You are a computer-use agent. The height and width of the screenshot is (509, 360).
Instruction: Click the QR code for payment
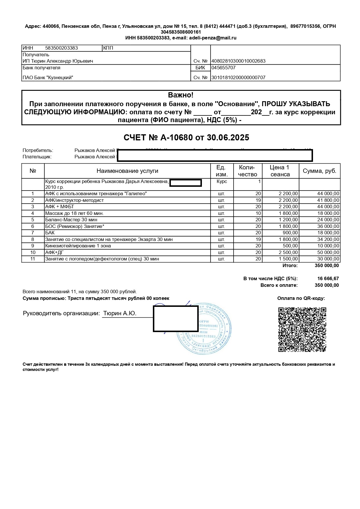pos(302,330)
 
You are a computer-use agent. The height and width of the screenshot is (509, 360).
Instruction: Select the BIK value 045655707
pos(223,68)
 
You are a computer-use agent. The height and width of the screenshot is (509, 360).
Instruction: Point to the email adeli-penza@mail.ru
pos(213,38)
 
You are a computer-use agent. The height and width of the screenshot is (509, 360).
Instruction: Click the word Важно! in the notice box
pos(181,95)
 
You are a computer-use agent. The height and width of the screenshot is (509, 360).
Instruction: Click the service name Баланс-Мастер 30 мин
pos(71,220)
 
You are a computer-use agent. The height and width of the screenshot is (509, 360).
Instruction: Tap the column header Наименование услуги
pos(127,171)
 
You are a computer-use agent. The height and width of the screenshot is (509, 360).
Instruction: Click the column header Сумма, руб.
pos(319,171)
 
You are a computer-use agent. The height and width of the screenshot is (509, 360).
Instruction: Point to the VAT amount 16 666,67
pos(328,279)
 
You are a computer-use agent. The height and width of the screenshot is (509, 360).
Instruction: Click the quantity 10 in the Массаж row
pos(258,213)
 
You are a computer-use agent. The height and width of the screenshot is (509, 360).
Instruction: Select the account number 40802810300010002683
pos(238,61)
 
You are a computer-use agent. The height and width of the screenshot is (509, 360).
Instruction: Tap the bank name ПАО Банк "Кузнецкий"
pos(48,77)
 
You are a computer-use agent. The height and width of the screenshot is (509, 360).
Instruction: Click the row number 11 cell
pos(33,259)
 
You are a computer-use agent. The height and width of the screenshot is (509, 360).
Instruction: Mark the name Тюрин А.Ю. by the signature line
pos(120,314)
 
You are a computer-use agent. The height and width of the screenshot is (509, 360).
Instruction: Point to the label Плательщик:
pos(37,157)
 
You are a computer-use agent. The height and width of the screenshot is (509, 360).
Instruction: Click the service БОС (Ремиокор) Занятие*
pos(74,226)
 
